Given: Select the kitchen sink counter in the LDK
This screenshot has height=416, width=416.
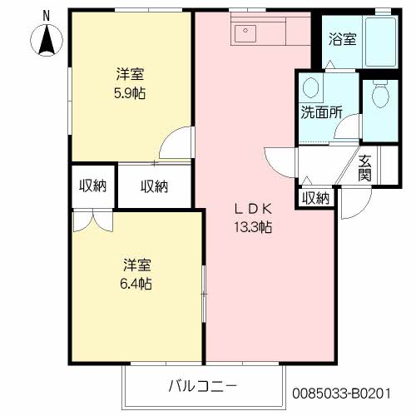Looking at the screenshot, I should coord(260,33).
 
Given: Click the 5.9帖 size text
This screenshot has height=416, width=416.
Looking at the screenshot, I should coord(131,93).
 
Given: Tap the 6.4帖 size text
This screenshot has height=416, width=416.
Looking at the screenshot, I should coord(136,284).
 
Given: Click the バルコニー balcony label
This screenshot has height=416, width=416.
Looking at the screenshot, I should coord(202,385).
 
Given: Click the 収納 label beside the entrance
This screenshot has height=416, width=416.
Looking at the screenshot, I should coord(315,198).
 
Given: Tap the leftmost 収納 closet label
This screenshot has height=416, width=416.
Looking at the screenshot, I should coord(93,186).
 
